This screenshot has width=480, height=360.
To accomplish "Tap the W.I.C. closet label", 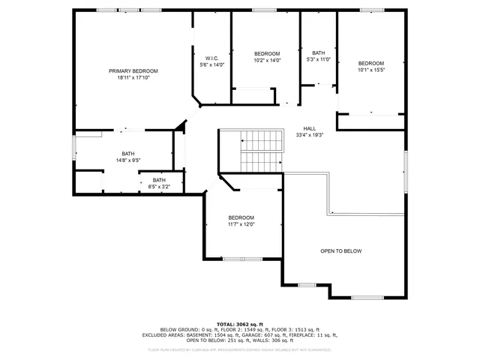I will pyautogui.click(x=211, y=58).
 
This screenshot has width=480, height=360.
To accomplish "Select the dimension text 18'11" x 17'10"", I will pyautogui.click(x=137, y=77).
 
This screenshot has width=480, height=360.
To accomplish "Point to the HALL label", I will pyautogui.click(x=309, y=128).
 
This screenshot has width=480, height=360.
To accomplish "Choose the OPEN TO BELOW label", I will pyautogui.click(x=341, y=251).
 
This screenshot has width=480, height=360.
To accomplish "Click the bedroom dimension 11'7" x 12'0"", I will pyautogui.click(x=241, y=224).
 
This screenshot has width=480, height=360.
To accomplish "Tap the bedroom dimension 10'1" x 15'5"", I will pyautogui.click(x=370, y=70).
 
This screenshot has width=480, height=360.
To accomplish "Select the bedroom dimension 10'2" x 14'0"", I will pyautogui.click(x=267, y=60).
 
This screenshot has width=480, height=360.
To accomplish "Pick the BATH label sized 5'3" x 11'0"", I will pyautogui.click(x=319, y=52).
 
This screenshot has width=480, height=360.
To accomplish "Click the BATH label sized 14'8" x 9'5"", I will pyautogui.click(x=128, y=153).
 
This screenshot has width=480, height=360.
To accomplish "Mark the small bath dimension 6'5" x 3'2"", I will pyautogui.click(x=159, y=187).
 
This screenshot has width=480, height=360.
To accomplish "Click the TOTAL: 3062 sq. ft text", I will pyautogui.click(x=240, y=323).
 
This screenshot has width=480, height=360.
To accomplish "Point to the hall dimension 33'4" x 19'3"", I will pyautogui.click(x=309, y=135).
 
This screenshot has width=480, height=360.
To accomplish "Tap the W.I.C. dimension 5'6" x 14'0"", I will pyautogui.click(x=211, y=65).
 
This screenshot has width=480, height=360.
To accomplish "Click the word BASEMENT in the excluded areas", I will pyautogui.click(x=215, y=335).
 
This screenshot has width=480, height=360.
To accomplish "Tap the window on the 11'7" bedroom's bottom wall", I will pyautogui.click(x=242, y=259).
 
